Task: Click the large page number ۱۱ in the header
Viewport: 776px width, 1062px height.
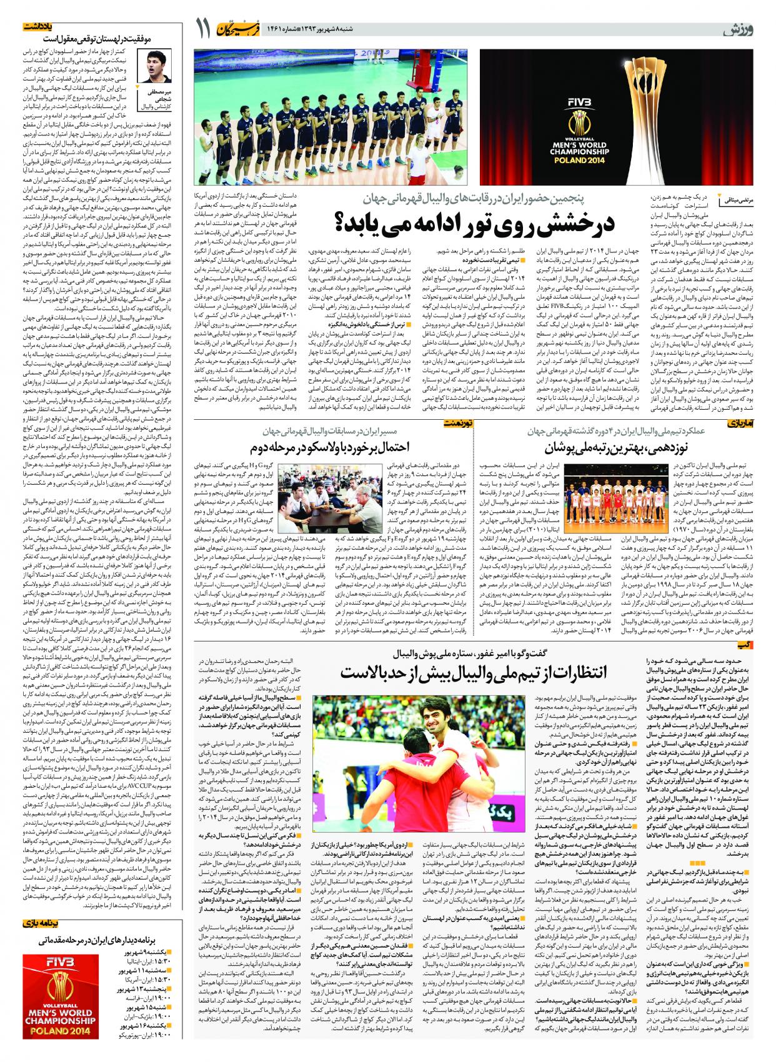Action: point(203,29)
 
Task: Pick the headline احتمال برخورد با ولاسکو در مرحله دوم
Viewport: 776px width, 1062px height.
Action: point(331,447)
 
